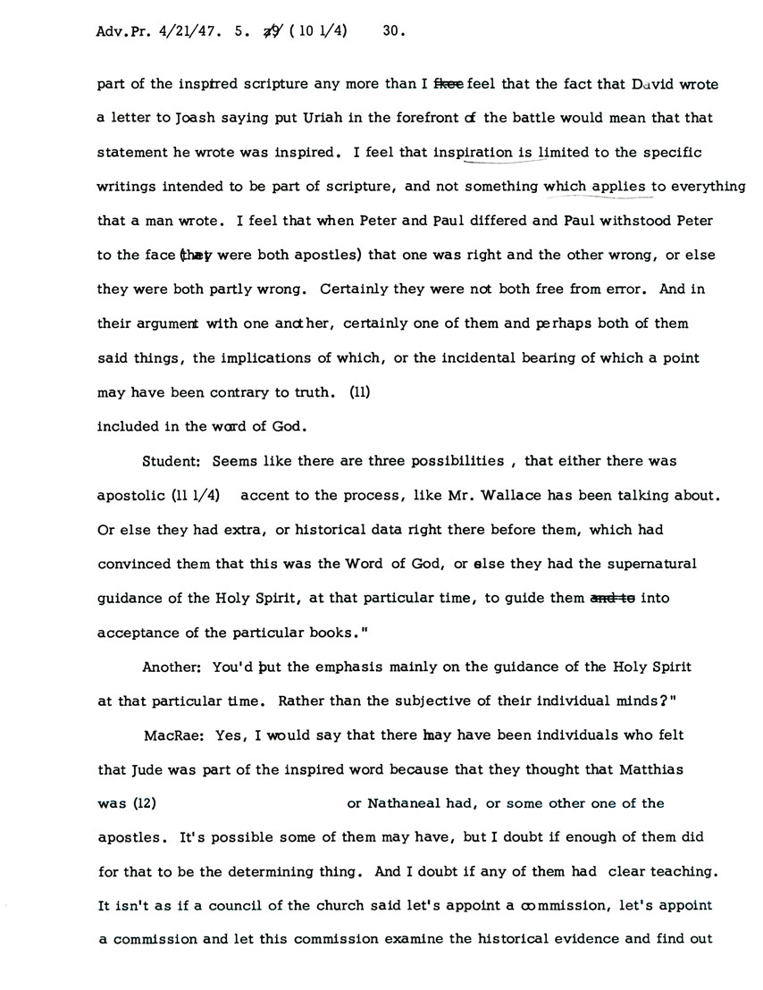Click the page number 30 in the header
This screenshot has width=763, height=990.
[393, 32]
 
